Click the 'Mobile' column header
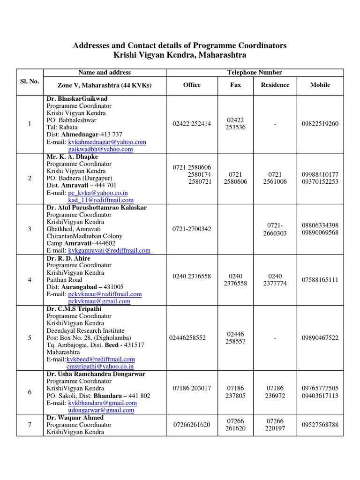coord(320,85)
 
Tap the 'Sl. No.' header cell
coord(30,82)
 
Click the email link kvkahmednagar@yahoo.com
coord(107,142)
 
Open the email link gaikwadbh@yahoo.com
coord(100,150)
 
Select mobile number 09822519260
coord(320,124)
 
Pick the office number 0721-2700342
coord(192,229)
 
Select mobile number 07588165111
coord(320,280)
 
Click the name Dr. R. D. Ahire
coord(68,258)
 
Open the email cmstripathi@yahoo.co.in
coord(101,367)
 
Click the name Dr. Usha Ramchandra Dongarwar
coord(96,374)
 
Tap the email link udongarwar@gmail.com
coord(101,410)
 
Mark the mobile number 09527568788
coord(320,425)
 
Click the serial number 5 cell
coord(30,338)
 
